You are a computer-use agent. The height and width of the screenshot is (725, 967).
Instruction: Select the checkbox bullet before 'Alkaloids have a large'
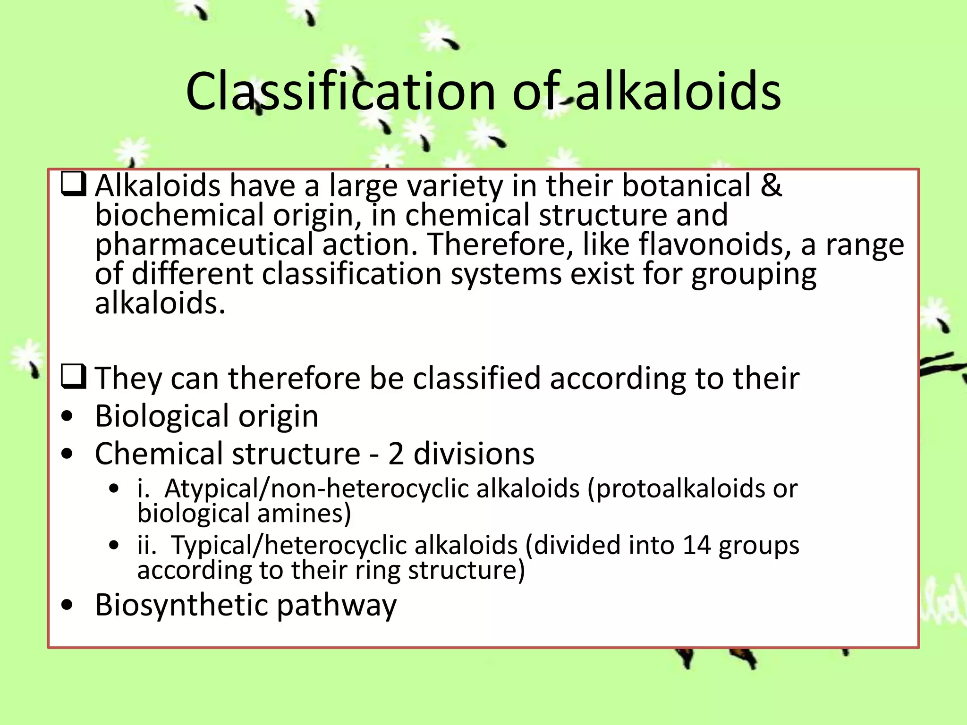[x=73, y=185]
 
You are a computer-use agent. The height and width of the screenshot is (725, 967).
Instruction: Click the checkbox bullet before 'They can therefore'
[x=73, y=377]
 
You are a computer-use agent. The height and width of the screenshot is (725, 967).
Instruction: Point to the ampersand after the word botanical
[x=771, y=185]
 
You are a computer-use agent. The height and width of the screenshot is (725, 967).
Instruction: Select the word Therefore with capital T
[x=498, y=244]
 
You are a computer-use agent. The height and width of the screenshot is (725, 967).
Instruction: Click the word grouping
[x=754, y=275]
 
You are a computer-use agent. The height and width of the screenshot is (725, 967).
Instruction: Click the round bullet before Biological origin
[x=68, y=416]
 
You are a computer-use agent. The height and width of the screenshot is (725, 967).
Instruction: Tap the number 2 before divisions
[x=396, y=454]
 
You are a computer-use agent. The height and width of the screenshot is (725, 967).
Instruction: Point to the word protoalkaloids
[x=676, y=489]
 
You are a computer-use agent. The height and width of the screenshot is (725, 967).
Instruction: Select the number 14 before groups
[x=696, y=545]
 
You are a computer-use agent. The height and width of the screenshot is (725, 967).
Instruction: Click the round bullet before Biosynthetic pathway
[x=68, y=605]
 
